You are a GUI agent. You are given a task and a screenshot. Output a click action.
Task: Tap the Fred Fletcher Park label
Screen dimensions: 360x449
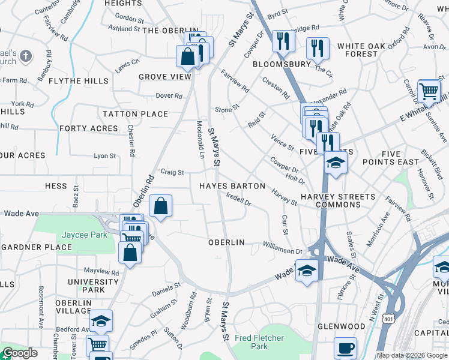pyautogui.click(x=259, y=342)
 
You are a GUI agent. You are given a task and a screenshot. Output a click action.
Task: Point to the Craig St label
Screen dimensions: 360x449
pyautogui.click(x=172, y=172)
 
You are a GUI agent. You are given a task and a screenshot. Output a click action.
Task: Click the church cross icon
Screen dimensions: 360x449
pyautogui.click(x=25, y=56)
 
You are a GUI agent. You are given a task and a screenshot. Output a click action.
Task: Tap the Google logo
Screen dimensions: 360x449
pyautogui.click(x=20, y=353)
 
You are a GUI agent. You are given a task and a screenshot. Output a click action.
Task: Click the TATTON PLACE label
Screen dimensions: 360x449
pyautogui.click(x=135, y=114)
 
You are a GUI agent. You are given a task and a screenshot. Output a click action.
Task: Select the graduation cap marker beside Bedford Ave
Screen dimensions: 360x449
pyautogui.click(x=102, y=321)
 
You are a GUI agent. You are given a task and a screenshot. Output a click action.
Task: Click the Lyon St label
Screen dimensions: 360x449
pyautogui.click(x=105, y=156)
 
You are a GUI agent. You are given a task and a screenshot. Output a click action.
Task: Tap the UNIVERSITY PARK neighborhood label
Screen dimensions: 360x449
pyautogui.click(x=93, y=286)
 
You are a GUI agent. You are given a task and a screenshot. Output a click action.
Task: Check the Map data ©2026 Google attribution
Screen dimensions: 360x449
pyautogui.click(x=412, y=355)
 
